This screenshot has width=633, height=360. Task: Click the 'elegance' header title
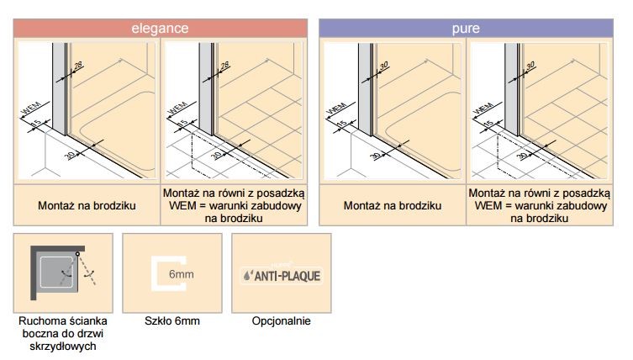160,28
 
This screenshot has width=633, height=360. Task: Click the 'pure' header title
466,29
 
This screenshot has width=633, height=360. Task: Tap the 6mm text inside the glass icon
182,274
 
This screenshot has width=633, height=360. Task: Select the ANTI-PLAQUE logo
282,276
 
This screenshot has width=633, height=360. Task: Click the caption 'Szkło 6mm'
172,320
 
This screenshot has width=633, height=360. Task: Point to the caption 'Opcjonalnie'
282,321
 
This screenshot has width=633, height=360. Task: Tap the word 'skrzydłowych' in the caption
63,347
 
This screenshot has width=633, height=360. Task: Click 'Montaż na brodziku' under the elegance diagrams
87,205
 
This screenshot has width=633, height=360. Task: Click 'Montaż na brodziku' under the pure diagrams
393,205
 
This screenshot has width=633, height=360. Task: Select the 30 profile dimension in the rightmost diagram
530,65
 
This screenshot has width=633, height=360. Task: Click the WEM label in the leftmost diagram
30,108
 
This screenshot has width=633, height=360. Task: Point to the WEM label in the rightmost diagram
483,109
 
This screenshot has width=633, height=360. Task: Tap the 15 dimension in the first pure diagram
342,123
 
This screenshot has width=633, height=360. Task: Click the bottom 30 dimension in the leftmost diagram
70,155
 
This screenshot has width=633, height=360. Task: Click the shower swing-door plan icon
63,273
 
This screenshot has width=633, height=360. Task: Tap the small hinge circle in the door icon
77,254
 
